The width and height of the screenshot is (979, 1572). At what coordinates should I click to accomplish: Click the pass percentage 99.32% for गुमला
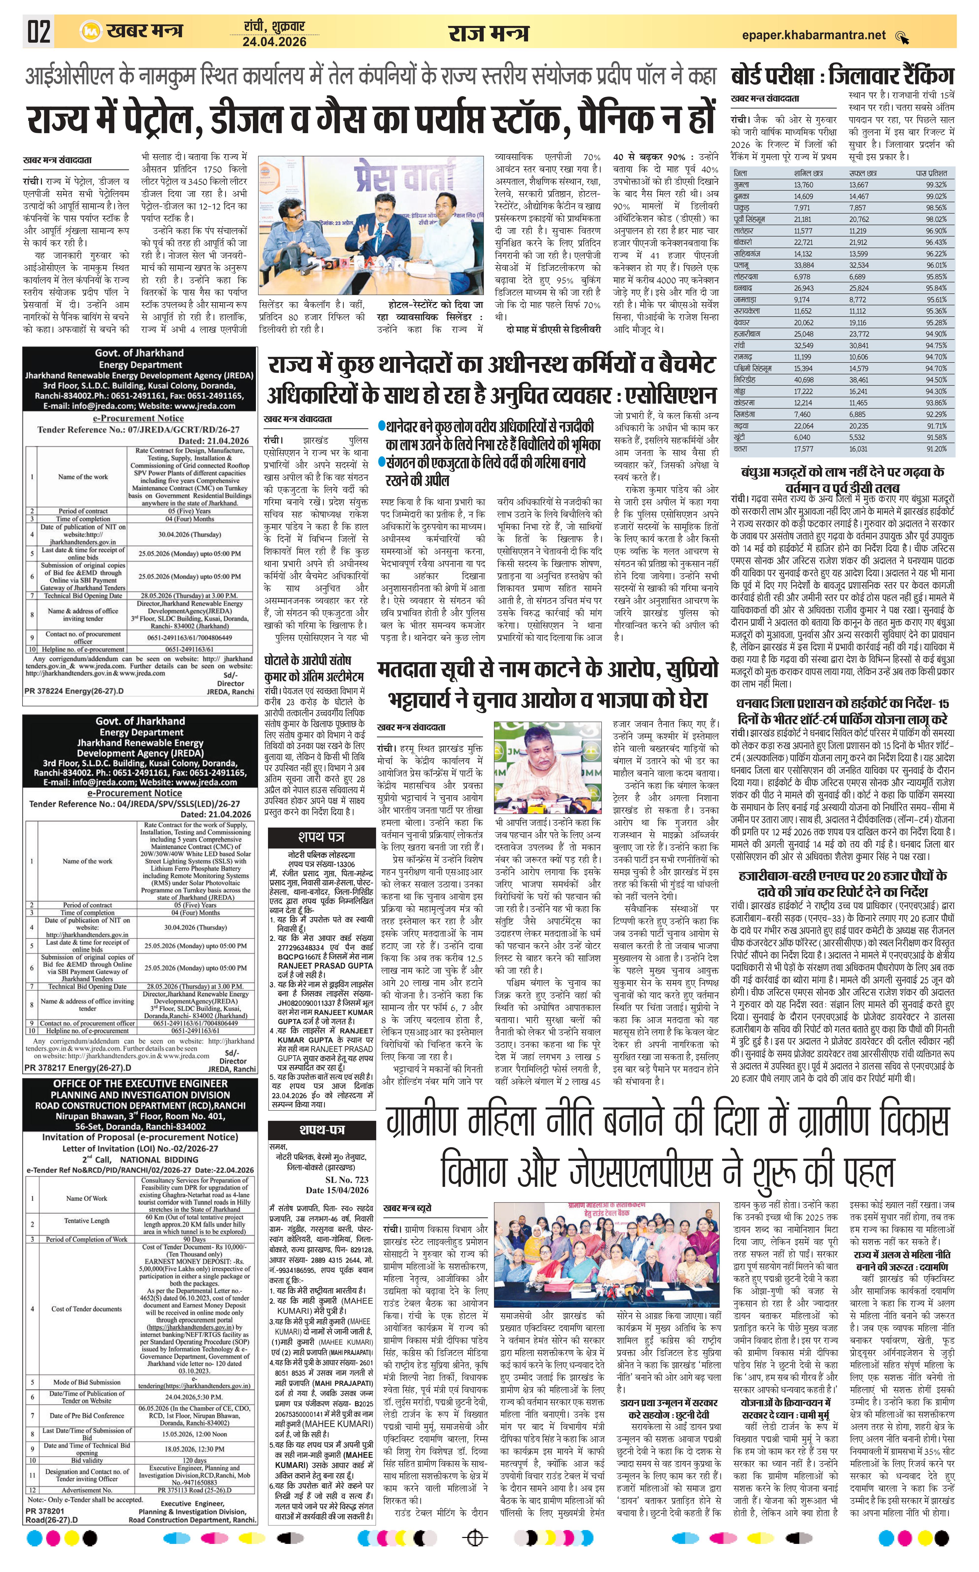[x=936, y=184]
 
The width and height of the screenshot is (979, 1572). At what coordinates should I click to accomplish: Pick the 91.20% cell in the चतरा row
[x=936, y=449]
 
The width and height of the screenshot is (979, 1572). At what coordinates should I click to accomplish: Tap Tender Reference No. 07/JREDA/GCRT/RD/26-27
[x=138, y=429]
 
